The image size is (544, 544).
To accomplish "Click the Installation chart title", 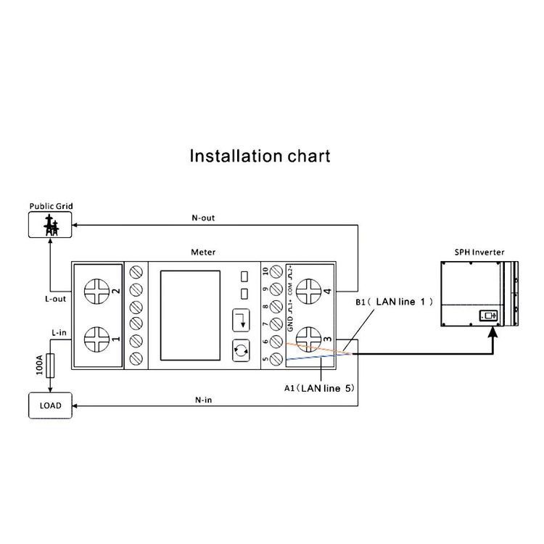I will click(260, 155).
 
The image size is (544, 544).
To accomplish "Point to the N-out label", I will click(203, 218).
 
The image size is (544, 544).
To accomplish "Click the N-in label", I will click(203, 400).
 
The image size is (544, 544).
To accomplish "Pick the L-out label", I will click(55, 298).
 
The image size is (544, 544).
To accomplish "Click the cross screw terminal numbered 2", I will click(97, 292).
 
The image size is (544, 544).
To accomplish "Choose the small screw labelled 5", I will click(276, 358).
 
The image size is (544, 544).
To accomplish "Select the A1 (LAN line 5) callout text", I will click(320, 389).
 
